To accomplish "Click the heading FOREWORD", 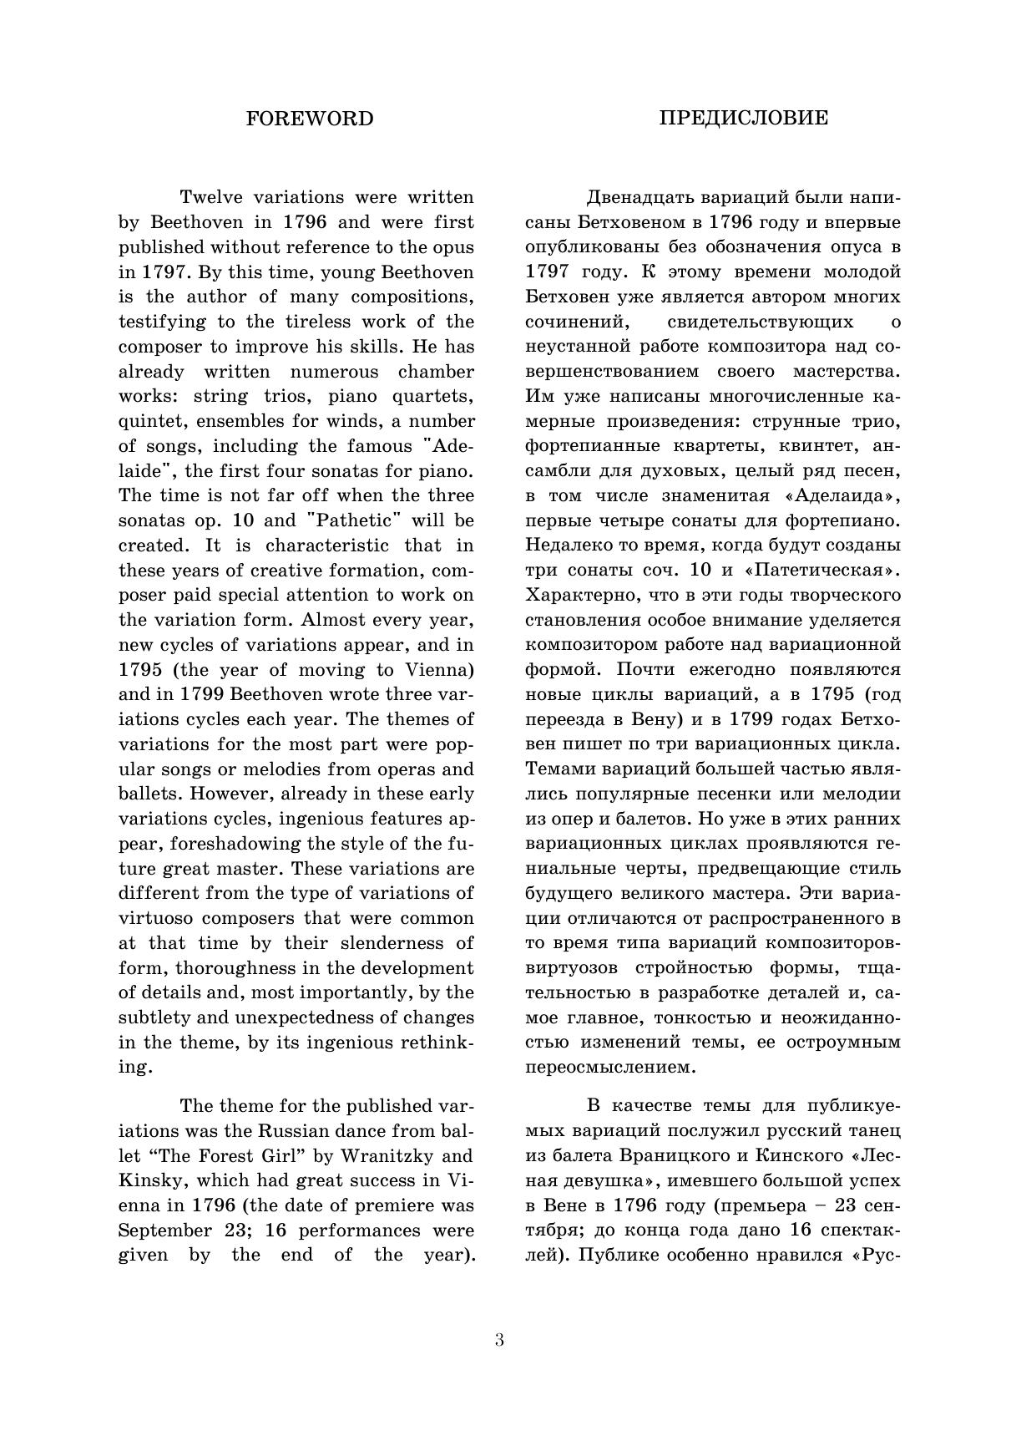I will coord(310,119).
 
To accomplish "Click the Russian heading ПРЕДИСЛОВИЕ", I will coord(744,118).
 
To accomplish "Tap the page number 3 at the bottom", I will coord(499,1341).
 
